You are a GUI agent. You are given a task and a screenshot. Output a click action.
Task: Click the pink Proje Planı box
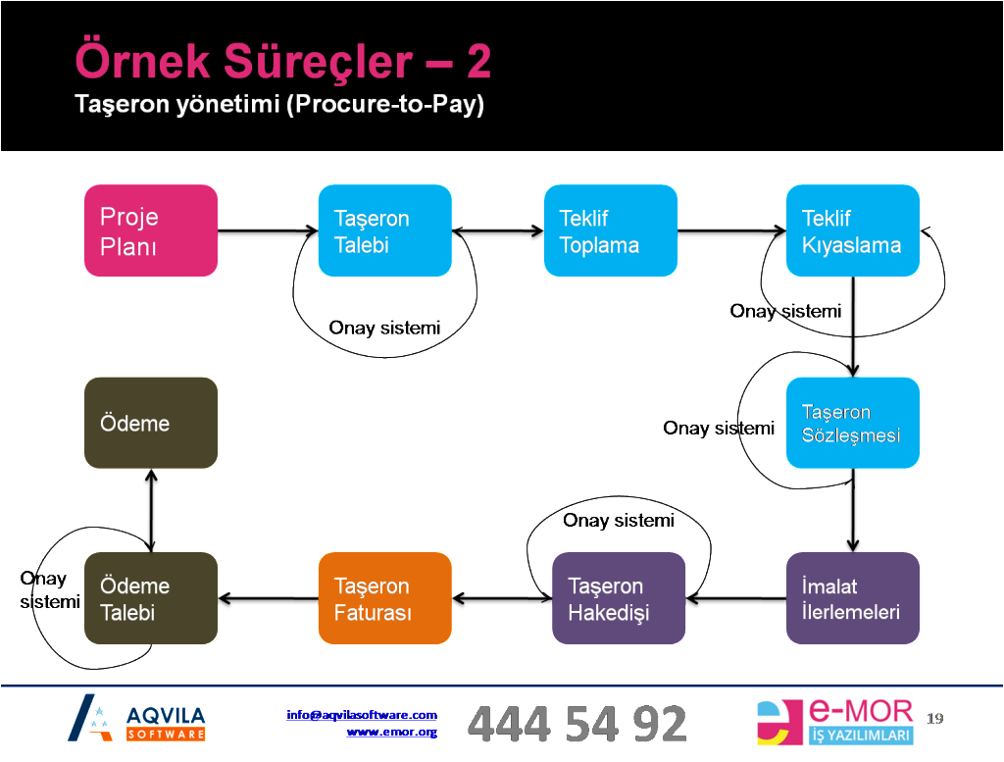point(150,230)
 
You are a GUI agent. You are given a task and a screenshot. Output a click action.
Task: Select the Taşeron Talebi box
point(384,230)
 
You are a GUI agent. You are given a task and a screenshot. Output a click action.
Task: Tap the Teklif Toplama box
point(610,230)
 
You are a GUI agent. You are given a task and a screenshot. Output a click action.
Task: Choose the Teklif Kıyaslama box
point(852,230)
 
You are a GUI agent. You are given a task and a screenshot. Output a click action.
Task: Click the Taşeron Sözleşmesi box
point(852,423)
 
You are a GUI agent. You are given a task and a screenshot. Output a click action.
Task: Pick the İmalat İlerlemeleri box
point(852,598)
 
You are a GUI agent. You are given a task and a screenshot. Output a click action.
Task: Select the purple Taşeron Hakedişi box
point(618,598)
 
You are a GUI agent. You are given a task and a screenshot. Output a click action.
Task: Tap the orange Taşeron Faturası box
point(384,598)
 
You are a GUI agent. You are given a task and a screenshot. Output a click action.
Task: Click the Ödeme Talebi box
point(150,598)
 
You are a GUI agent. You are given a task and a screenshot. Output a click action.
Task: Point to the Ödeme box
point(150,423)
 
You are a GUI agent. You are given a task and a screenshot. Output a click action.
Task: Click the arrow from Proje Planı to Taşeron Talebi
point(267,233)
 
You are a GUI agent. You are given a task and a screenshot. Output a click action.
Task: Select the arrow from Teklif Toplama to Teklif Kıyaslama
point(730,233)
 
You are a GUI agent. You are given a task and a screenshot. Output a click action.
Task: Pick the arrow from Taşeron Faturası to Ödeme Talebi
point(267,598)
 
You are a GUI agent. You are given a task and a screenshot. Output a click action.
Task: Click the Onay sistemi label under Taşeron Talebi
point(384,328)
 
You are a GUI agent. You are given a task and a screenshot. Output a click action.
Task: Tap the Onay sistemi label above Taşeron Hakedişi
point(618,521)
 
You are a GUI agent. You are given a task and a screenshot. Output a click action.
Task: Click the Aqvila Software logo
point(137,719)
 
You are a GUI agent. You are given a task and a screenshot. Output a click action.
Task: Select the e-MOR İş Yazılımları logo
point(836,723)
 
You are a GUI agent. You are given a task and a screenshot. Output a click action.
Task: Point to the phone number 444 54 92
point(577,724)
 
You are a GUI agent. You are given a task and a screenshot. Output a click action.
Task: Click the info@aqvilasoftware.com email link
point(362,715)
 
